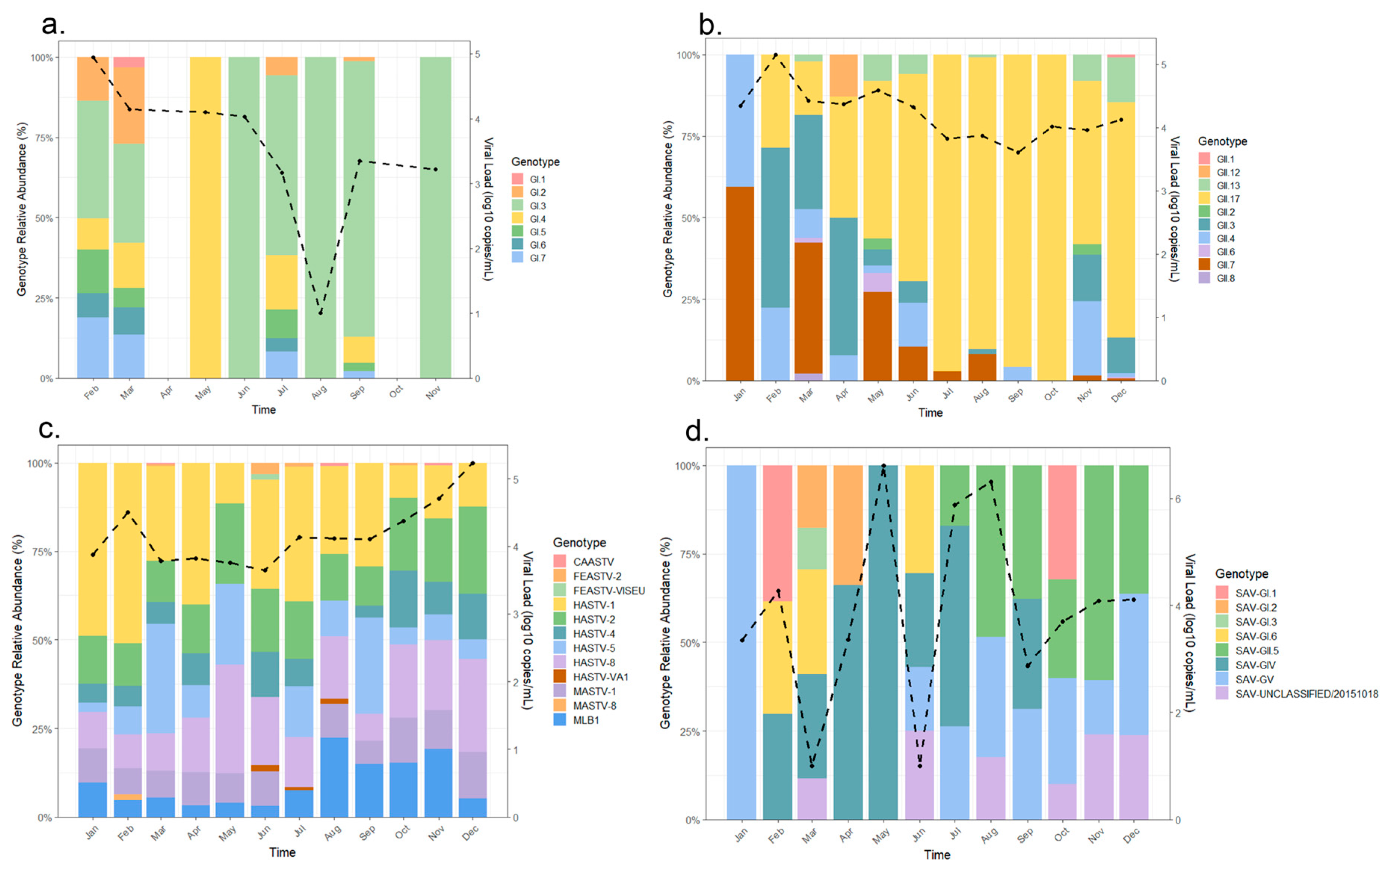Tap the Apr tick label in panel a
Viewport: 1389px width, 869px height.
(x=166, y=392)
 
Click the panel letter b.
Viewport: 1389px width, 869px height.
(x=710, y=24)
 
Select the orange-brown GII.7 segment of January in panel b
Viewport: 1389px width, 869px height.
(x=740, y=284)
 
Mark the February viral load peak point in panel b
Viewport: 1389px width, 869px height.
(x=775, y=55)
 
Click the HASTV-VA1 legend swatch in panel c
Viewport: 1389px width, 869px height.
(x=560, y=676)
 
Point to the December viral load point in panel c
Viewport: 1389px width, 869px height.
(x=473, y=463)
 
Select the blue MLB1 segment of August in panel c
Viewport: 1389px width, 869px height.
(x=335, y=778)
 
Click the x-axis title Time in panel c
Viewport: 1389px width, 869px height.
(x=282, y=852)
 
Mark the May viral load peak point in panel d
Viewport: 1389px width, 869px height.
(x=884, y=466)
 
